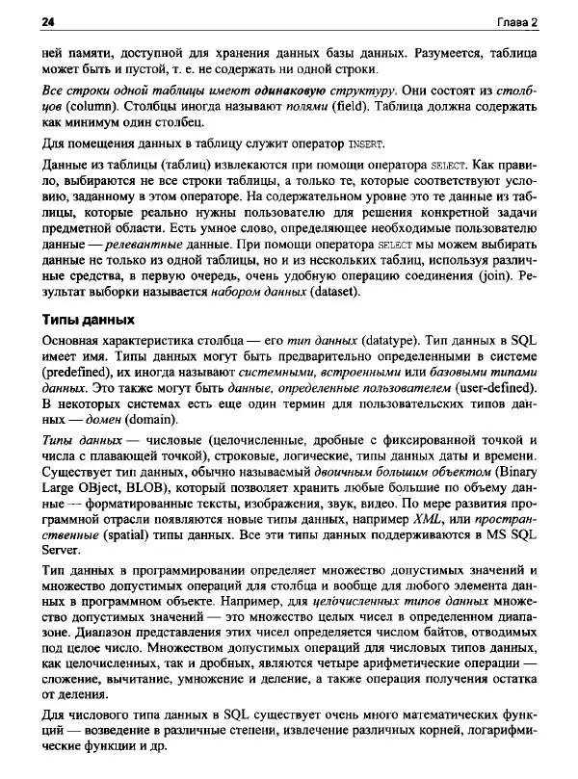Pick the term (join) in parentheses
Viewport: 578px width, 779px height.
coord(495,279)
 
